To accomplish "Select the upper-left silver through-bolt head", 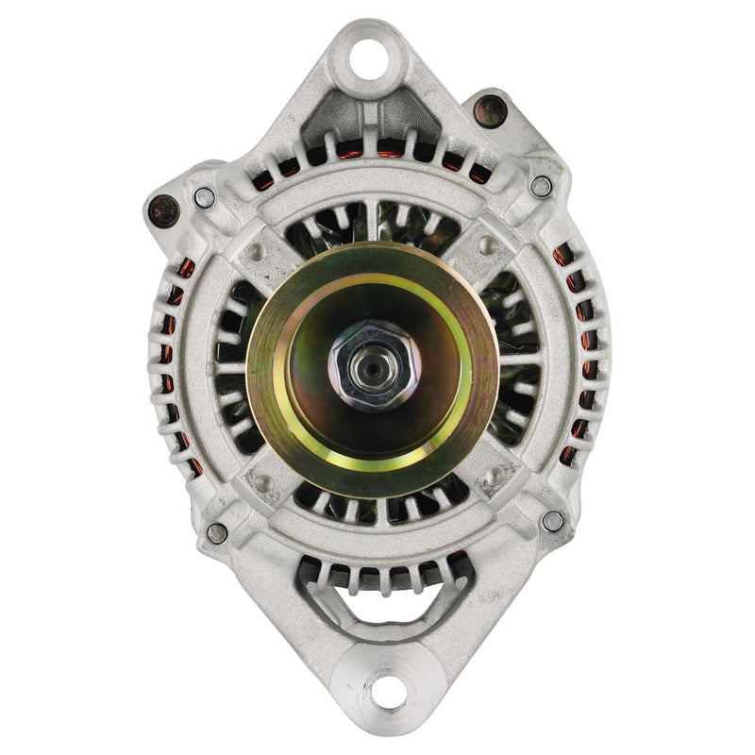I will (205, 198).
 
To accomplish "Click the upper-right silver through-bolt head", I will (541, 187).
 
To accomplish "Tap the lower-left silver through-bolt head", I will (216, 533).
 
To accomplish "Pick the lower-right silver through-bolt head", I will (553, 521).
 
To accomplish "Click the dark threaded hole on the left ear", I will (164, 210).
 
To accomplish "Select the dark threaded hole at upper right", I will (487, 109).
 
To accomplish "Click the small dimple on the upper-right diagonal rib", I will (489, 247).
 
